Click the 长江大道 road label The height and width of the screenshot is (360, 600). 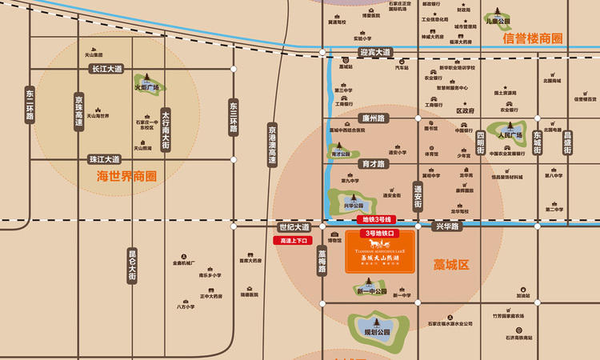point(106,70)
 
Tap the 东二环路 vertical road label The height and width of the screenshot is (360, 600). point(30,104)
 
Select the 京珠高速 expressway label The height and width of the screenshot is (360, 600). point(78,111)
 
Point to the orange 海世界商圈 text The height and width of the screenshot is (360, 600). point(126,175)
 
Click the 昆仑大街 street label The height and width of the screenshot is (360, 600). point(133,265)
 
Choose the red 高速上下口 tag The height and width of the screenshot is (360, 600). point(291,240)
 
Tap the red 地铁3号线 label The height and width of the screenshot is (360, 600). point(378,219)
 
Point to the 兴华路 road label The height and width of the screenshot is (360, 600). point(449,227)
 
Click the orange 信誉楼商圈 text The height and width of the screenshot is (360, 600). point(532,38)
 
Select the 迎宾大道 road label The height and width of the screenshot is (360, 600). point(375,53)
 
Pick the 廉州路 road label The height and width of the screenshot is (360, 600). point(374,118)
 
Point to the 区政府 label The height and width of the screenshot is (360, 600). point(465,111)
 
